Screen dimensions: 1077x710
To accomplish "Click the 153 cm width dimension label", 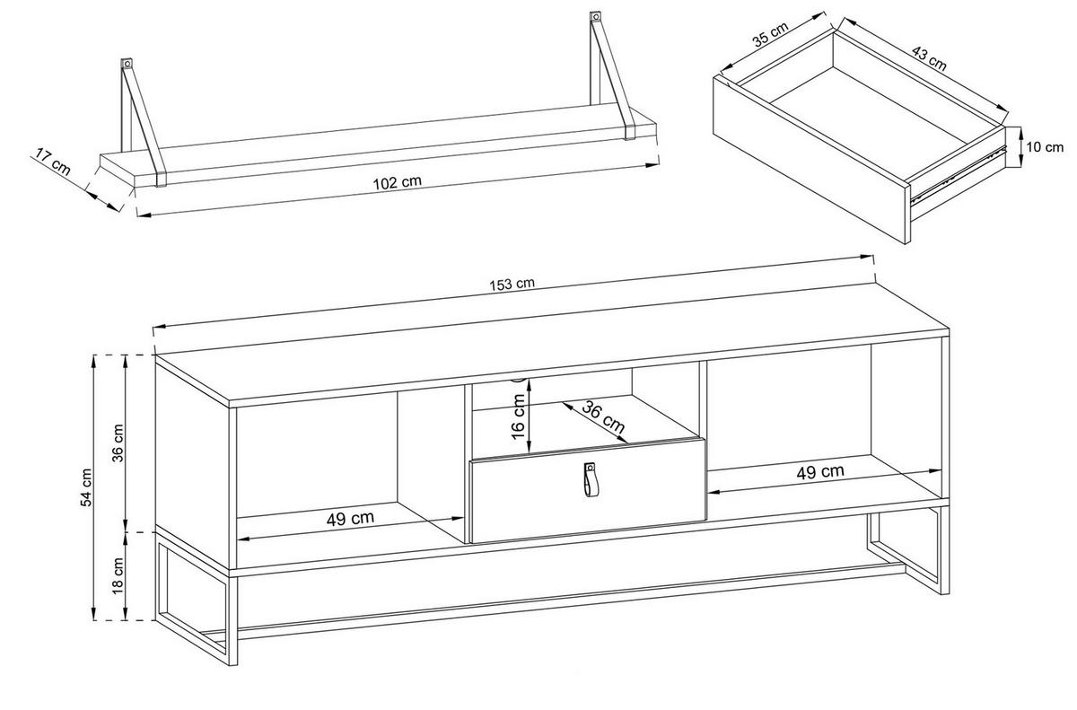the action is (512, 285).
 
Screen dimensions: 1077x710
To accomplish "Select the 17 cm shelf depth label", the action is (52, 162).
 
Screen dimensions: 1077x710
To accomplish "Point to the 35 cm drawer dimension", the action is (770, 34).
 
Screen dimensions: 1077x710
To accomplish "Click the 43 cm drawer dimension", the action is (928, 58).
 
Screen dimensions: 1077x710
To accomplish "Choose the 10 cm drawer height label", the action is (1045, 146).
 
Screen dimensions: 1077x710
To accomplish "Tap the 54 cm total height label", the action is (86, 487).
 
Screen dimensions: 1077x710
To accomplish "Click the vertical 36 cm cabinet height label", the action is (118, 443).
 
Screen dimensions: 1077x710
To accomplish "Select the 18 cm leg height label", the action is (118, 576).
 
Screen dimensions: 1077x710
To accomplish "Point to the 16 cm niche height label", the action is (519, 416).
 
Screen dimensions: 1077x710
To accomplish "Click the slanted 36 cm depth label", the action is (603, 416).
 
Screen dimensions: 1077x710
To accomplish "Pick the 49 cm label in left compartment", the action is (350, 519).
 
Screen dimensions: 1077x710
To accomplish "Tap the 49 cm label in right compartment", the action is (820, 471).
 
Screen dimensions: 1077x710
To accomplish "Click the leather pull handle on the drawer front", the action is (589, 479).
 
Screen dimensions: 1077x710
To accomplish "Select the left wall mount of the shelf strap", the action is (127, 65).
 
